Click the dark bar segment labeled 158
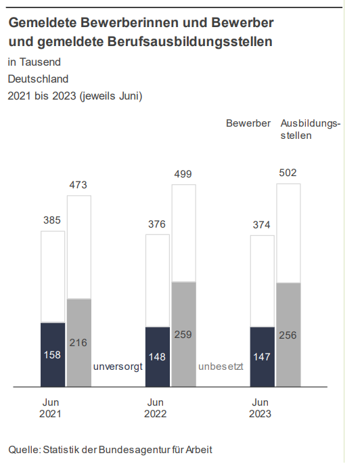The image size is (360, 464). [x=53, y=354]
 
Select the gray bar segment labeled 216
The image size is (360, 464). [x=79, y=343]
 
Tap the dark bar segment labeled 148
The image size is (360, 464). [x=157, y=356]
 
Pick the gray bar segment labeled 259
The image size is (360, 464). [x=184, y=334]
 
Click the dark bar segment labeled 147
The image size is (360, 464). [x=262, y=356]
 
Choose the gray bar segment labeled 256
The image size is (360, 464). [x=288, y=335]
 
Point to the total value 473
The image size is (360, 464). [x=78, y=185]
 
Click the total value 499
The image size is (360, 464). [x=183, y=174]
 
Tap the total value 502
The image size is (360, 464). [x=288, y=173]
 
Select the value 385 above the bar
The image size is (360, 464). [x=52, y=220]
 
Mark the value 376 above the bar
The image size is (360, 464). [x=156, y=224]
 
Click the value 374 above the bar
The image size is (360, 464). [x=262, y=225]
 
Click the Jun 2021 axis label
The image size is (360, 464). [x=50, y=408]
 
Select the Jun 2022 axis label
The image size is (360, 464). [x=155, y=408]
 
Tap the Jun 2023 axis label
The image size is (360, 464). [x=260, y=408]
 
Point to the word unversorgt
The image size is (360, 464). [x=118, y=366]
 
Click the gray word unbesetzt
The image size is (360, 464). [x=221, y=366]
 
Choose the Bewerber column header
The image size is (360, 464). [x=248, y=123]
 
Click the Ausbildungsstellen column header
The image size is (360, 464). [x=311, y=129]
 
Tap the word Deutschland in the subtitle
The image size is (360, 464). [x=38, y=79]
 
